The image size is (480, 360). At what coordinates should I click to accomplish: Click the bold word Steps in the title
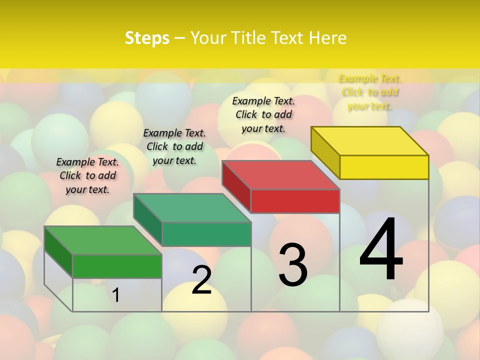(147, 38)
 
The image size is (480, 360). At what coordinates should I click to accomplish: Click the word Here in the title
(327, 38)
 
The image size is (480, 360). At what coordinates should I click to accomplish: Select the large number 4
(381, 250)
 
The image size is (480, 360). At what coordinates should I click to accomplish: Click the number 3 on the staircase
(292, 265)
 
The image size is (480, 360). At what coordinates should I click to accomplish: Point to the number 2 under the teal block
(201, 280)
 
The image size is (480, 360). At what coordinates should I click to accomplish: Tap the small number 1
(116, 295)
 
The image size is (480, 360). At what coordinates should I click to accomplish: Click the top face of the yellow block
(370, 140)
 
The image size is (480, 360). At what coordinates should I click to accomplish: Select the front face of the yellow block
(384, 167)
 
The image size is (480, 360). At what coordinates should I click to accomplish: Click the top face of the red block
(281, 175)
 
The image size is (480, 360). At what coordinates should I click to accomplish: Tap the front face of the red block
(295, 201)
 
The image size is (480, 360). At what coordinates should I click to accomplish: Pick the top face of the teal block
(192, 207)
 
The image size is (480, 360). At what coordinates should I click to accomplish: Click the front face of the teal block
(206, 234)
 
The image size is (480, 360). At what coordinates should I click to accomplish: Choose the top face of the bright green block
(103, 240)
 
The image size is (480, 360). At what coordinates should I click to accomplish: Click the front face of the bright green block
(117, 266)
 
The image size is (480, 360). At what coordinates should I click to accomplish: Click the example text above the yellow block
(370, 92)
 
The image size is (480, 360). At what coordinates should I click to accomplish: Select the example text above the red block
(263, 114)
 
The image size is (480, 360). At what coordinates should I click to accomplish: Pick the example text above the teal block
(174, 146)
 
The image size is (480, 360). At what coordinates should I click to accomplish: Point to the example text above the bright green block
(87, 175)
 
